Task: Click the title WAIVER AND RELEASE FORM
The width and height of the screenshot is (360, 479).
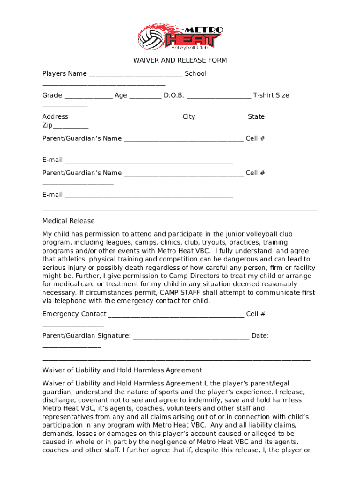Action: [180, 60]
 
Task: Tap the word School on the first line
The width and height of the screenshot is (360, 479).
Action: [195, 73]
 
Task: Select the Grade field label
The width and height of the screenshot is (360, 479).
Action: [52, 95]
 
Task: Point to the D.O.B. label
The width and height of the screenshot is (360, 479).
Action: [173, 95]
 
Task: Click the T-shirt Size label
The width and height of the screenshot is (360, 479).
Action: [271, 95]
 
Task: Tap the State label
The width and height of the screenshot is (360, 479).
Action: [256, 117]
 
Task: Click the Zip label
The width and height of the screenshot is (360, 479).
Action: [47, 125]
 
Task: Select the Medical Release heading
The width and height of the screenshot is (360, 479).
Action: [68, 221]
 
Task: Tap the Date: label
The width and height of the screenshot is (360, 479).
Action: [259, 336]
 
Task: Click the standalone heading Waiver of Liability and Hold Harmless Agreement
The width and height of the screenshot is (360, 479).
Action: [122, 370]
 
